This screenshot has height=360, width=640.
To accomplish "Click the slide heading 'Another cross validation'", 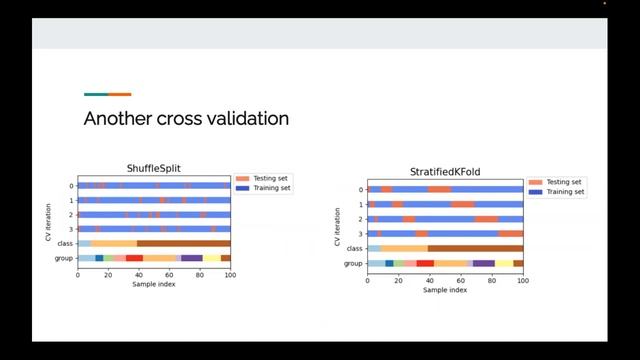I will click(186, 119).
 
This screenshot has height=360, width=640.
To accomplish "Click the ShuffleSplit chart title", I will click(154, 168).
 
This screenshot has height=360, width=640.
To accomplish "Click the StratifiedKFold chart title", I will click(445, 172).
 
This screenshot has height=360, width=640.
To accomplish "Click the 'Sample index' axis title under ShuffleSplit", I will click(154, 284).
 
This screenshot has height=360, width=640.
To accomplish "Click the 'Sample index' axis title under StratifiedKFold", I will click(445, 290).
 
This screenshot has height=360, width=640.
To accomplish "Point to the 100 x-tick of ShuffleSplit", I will click(230, 275).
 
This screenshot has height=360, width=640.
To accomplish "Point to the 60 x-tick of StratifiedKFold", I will click(461, 280).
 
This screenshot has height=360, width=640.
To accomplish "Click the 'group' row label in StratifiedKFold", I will click(353, 263).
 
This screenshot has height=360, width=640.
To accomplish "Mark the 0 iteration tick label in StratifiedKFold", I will click(361, 189).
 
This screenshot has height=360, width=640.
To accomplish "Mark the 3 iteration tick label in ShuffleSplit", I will click(72, 229).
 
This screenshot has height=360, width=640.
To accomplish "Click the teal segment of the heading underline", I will click(96, 94).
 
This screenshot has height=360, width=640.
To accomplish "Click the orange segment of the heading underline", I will click(120, 94).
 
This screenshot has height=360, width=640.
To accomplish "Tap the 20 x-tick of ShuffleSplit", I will click(108, 275).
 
